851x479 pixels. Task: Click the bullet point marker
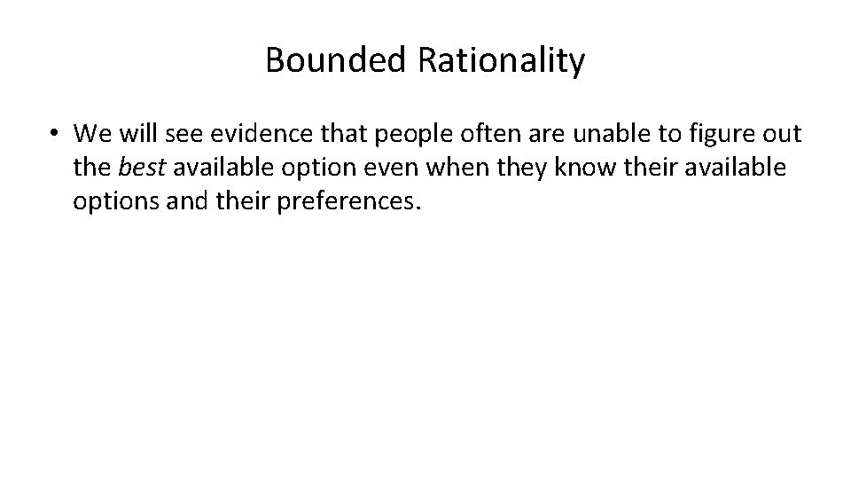[55, 134]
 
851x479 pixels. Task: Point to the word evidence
[248, 134]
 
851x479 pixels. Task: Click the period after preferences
[413, 207]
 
